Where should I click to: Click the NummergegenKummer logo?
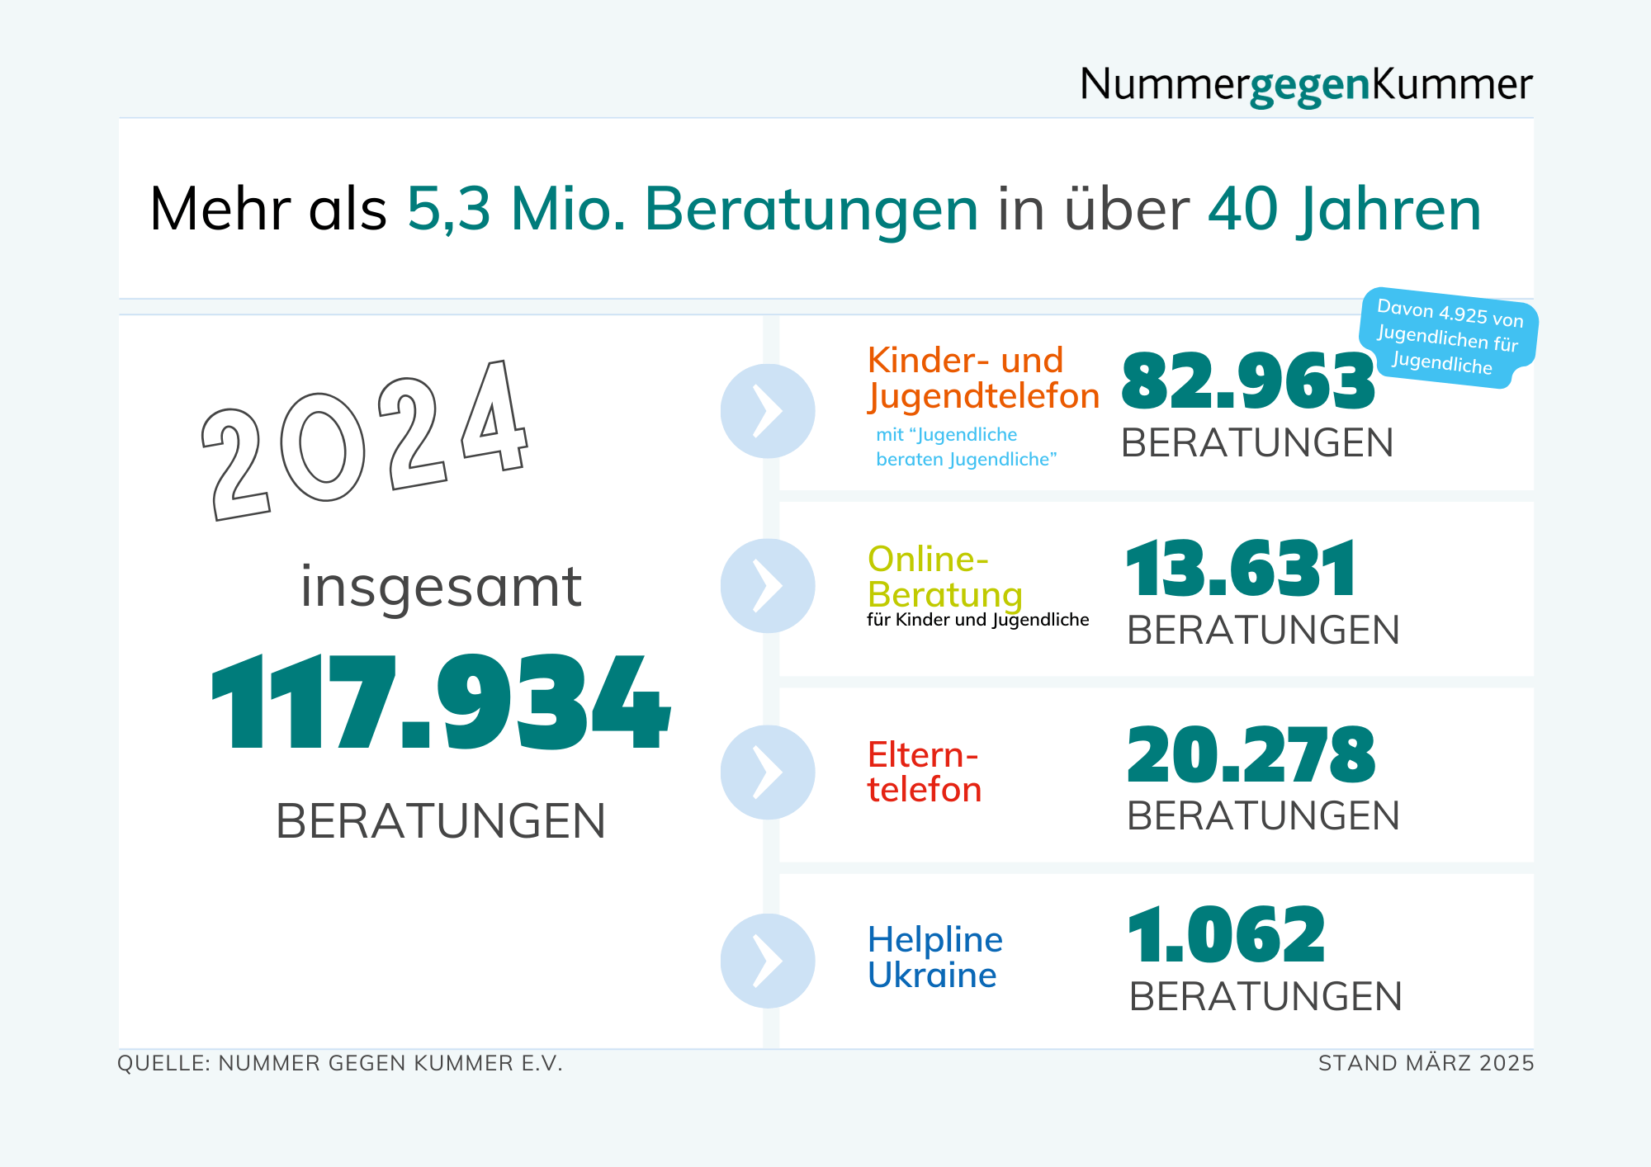(1305, 84)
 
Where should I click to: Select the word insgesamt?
(441, 588)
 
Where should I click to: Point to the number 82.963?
(1247, 381)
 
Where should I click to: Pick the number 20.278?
(1251, 754)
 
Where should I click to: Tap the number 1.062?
(1226, 935)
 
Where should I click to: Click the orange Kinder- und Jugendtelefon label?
(982, 378)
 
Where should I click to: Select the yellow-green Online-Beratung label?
(945, 577)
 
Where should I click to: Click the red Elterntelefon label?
(924, 772)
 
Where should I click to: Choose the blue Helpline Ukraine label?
(934, 957)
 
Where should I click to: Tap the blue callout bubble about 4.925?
(1448, 337)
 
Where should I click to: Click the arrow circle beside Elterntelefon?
(768, 772)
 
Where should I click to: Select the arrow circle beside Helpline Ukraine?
(768, 961)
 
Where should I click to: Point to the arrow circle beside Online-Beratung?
(768, 586)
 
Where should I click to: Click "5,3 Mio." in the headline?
(516, 209)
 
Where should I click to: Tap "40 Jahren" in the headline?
(1344, 209)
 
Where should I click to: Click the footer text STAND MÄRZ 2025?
(1426, 1063)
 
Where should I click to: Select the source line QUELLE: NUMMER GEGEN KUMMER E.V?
(340, 1063)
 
